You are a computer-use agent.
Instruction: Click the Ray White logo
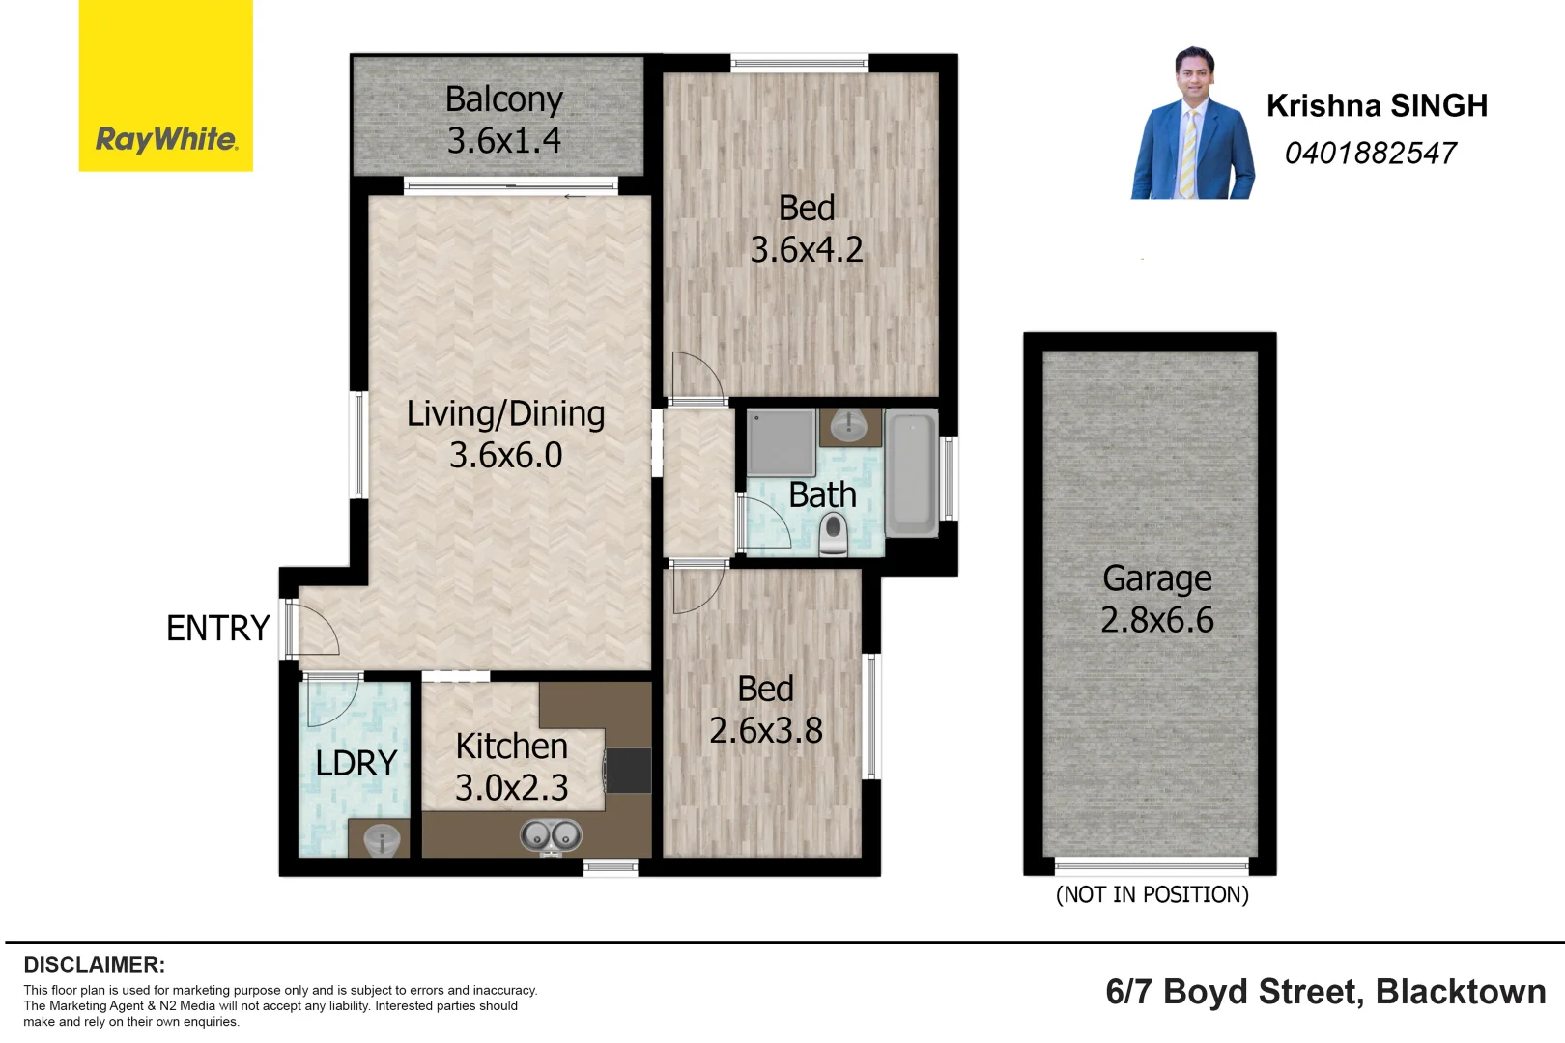165,139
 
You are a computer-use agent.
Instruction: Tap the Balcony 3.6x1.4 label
503,120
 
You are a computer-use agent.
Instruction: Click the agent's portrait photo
1193,125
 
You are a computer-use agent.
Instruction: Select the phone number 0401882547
1370,153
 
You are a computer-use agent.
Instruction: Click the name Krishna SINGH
1377,105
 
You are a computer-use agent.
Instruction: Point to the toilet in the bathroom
833,534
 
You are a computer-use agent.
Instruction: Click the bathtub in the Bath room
911,471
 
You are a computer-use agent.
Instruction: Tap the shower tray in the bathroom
782,442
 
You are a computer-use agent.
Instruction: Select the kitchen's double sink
551,834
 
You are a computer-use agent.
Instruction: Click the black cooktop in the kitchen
628,771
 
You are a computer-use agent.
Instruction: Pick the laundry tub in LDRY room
380,839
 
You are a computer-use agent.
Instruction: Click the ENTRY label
217,629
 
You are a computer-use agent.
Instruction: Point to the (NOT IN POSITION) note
1152,894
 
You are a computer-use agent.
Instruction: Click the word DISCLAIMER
94,964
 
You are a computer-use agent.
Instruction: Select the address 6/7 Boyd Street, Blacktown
1324,992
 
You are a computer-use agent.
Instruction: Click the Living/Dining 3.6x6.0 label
505,435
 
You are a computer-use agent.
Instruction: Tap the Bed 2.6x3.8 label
765,710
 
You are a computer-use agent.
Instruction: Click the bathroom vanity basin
849,425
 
